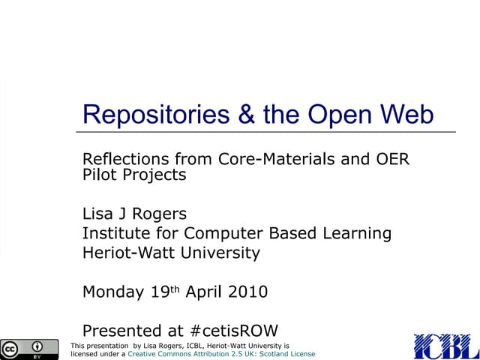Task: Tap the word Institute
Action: tap(113, 233)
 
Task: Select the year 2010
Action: tap(248, 292)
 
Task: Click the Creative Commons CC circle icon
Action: tap(11, 348)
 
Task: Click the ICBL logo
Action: tap(445, 346)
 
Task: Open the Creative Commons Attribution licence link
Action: tap(222, 353)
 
